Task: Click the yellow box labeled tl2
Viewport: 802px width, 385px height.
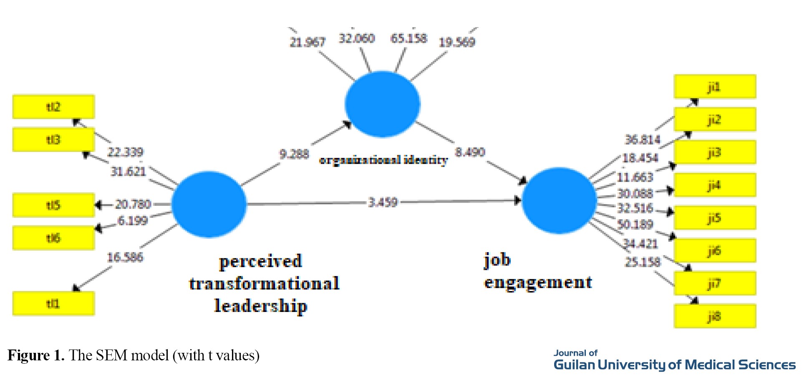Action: pyautogui.click(x=53, y=107)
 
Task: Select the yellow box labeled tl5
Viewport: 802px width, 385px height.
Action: pyautogui.click(x=53, y=205)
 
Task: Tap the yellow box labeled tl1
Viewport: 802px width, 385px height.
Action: pyautogui.click(x=53, y=304)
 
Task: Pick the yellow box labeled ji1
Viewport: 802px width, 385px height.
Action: pyautogui.click(x=714, y=86)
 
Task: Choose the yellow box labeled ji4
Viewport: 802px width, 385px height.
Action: pyautogui.click(x=714, y=185)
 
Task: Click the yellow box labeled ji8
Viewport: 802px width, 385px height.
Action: pyautogui.click(x=714, y=316)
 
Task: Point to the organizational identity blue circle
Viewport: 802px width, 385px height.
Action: pyautogui.click(x=382, y=104)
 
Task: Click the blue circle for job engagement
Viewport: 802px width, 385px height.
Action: pyautogui.click(x=559, y=200)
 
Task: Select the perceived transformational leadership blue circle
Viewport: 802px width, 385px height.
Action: pyautogui.click(x=209, y=204)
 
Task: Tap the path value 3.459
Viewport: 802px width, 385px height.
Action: pyautogui.click(x=383, y=203)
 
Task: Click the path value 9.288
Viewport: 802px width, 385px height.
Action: pyautogui.click(x=294, y=154)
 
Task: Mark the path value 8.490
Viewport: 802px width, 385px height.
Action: pyautogui.click(x=470, y=152)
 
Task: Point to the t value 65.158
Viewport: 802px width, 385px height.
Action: pyautogui.click(x=409, y=38)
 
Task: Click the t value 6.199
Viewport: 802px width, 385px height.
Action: pyautogui.click(x=133, y=220)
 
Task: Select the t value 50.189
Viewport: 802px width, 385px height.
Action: pyautogui.click(x=635, y=225)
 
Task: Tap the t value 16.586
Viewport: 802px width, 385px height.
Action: pyautogui.click(x=125, y=257)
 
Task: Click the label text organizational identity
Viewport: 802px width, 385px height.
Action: pyautogui.click(x=383, y=160)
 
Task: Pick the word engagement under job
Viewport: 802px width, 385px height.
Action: pyautogui.click(x=538, y=283)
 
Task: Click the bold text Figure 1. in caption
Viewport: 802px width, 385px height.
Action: pyautogui.click(x=36, y=355)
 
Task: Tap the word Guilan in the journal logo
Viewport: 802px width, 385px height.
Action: pyautogui.click(x=574, y=365)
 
